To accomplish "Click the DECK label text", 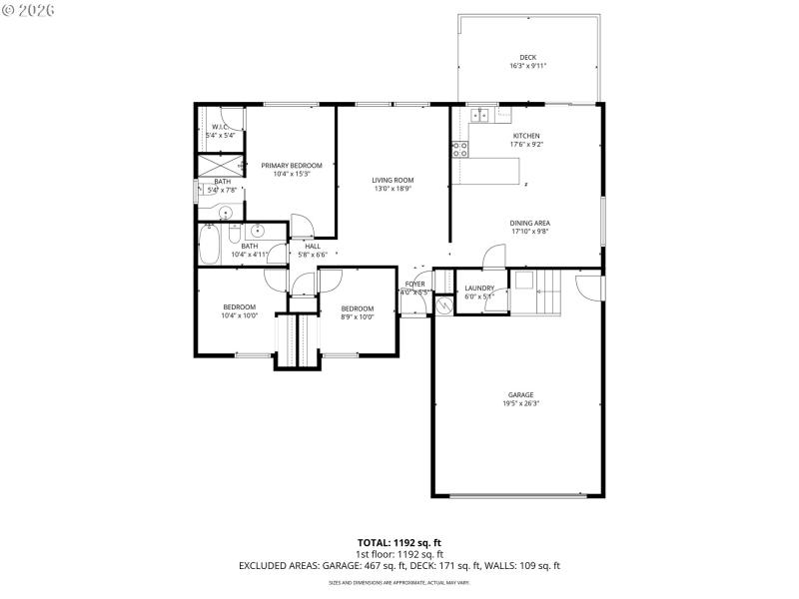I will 527,57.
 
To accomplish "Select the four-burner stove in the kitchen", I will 460,150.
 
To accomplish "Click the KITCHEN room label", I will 526,136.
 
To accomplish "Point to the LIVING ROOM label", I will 394,180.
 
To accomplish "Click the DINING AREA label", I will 529,223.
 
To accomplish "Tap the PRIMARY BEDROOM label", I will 292,165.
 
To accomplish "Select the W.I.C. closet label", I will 220,127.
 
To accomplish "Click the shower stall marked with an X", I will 219,165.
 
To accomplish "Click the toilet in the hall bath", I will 235,236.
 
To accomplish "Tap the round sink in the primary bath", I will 226,212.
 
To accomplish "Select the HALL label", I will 313,246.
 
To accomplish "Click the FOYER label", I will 414,284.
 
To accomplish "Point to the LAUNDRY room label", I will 479,288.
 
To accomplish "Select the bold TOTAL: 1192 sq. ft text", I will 399,543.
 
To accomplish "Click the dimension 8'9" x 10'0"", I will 357,317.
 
